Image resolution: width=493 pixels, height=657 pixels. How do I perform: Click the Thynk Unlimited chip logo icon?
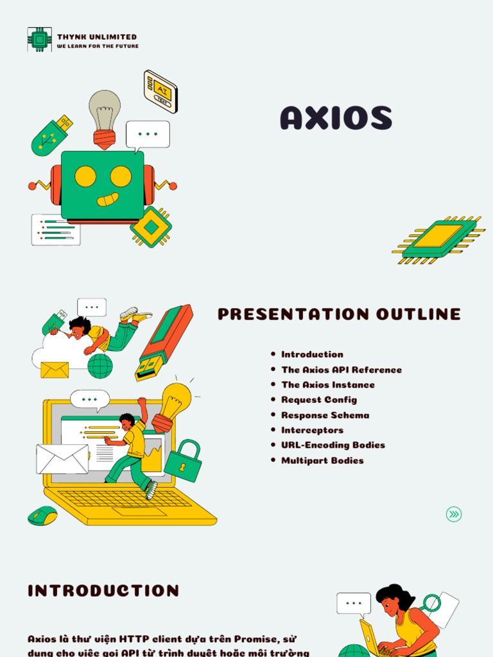[39, 40]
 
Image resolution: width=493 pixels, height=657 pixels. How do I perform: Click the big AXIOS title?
[336, 119]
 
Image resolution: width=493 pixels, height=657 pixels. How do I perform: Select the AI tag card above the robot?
[160, 90]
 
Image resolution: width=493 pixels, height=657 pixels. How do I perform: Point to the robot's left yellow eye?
[85, 176]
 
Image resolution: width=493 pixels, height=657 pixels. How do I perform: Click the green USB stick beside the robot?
[51, 135]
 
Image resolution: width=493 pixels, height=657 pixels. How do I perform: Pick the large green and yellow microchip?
[438, 239]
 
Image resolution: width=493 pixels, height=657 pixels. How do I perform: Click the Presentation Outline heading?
[339, 314]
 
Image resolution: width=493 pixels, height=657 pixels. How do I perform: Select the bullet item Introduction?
[312, 354]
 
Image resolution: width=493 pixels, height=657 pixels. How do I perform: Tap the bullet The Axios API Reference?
[342, 370]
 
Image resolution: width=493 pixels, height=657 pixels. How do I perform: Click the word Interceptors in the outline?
[312, 430]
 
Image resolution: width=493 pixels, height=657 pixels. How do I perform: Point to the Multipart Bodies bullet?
[322, 461]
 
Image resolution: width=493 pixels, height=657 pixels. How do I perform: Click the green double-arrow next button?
[454, 514]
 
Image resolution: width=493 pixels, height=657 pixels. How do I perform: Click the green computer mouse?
[42, 516]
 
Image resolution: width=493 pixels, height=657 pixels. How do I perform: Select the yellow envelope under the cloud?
[55, 370]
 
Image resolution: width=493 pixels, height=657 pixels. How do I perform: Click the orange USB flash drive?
[164, 341]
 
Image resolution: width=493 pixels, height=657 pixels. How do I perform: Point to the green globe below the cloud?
[100, 366]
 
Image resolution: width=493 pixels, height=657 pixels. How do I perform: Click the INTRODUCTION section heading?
[103, 591]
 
